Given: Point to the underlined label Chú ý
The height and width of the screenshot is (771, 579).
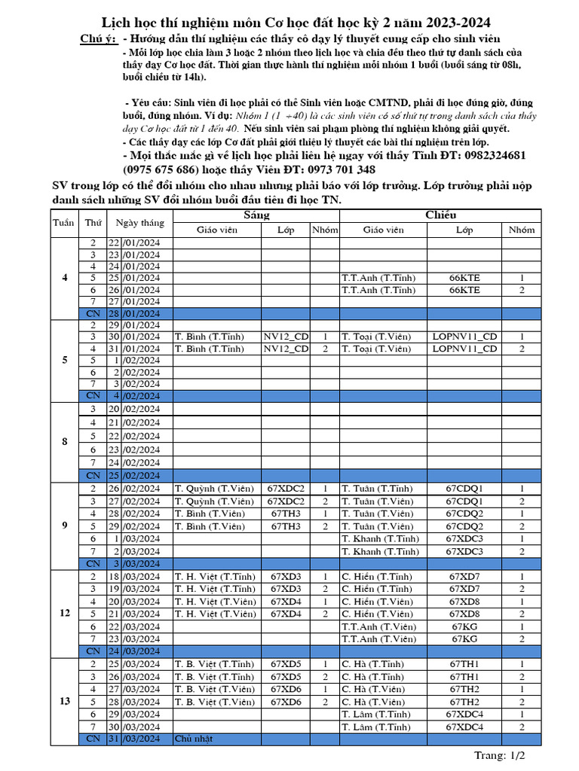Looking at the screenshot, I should pyautogui.click(x=98, y=39).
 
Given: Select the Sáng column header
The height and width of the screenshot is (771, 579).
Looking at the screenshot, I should pyautogui.click(x=256, y=215).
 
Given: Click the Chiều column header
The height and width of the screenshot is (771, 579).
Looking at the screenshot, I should pyautogui.click(x=440, y=215).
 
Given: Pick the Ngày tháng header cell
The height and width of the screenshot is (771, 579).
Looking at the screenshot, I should pyautogui.click(x=139, y=223).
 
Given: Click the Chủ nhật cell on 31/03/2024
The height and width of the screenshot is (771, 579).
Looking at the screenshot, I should pyautogui.click(x=194, y=739).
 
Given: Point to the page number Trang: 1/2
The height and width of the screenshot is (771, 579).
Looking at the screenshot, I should pyautogui.click(x=499, y=755).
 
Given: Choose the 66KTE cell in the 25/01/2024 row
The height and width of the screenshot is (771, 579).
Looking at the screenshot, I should pyautogui.click(x=464, y=278).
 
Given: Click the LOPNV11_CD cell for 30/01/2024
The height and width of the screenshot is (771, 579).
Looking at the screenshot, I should pyautogui.click(x=464, y=337).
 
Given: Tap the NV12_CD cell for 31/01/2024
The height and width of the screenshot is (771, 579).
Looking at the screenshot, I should pyautogui.click(x=286, y=349).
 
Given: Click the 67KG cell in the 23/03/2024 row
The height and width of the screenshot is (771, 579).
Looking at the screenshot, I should pyautogui.click(x=464, y=638).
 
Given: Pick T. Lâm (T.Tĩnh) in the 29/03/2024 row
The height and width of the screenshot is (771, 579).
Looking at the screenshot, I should pyautogui.click(x=376, y=714).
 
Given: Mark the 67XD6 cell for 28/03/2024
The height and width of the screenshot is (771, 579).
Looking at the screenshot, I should pyautogui.click(x=286, y=702).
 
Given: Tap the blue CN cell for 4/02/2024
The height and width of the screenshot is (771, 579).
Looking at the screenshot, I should pyautogui.click(x=93, y=395).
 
